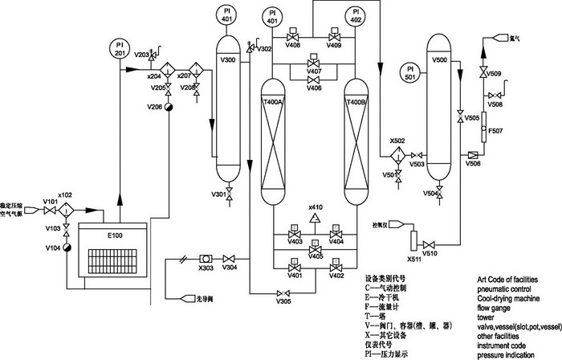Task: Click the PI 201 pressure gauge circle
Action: pyautogui.click(x=118, y=47)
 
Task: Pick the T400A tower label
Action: pyautogui.click(x=274, y=103)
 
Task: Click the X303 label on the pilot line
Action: pyautogui.click(x=206, y=268)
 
